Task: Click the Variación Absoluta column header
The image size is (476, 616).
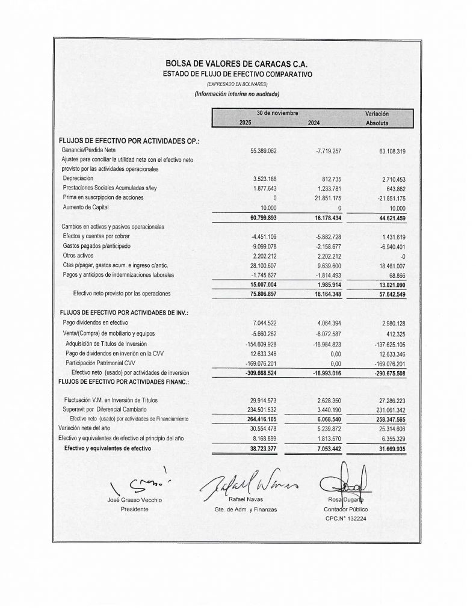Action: (x=377, y=119)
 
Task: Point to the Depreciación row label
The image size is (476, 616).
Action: (x=78, y=179)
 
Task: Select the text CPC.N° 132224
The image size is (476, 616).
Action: (x=347, y=517)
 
